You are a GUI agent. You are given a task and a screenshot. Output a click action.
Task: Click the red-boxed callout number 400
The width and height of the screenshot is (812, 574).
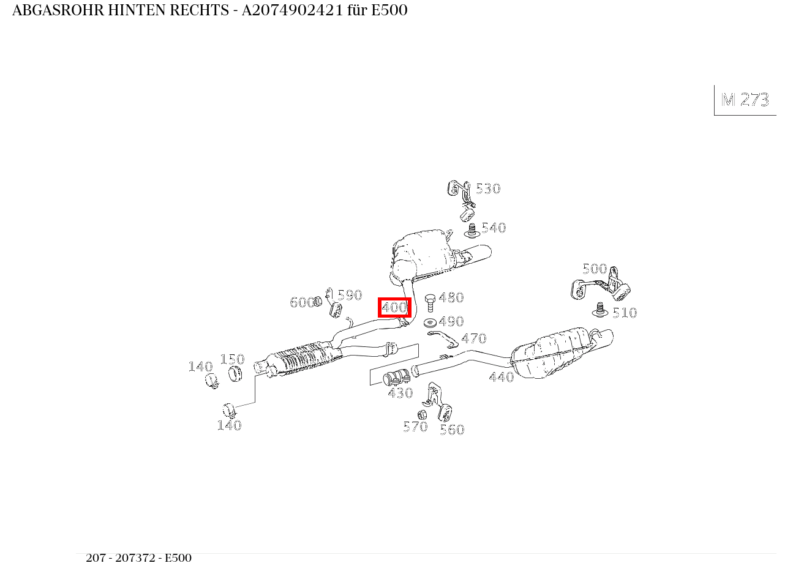click(x=395, y=307)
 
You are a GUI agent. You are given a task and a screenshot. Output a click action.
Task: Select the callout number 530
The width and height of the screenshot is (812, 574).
click(x=488, y=188)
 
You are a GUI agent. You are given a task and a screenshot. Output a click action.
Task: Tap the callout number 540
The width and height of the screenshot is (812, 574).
click(x=494, y=228)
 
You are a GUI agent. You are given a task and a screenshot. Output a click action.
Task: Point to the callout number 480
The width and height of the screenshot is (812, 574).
click(x=451, y=297)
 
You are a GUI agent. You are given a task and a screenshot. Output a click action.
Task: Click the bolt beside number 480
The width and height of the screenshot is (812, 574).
click(x=430, y=303)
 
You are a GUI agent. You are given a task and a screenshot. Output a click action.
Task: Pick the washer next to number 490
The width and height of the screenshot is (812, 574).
click(x=430, y=322)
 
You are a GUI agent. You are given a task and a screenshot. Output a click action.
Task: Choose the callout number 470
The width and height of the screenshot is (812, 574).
click(x=474, y=338)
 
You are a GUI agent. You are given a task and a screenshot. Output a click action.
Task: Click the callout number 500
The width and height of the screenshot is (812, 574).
click(x=595, y=269)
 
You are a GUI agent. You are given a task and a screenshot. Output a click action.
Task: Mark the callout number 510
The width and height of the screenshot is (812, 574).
click(x=625, y=313)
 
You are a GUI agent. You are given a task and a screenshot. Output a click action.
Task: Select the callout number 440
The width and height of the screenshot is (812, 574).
click(x=502, y=378)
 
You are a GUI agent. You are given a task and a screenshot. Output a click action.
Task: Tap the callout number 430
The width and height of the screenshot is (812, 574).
click(x=400, y=393)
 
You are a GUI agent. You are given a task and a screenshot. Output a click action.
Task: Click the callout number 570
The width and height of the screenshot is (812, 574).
click(x=415, y=427)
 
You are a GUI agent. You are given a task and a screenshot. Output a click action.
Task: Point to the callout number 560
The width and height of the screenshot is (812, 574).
click(x=452, y=430)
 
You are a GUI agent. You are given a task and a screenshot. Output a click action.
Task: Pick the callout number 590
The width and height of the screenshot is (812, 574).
click(x=350, y=295)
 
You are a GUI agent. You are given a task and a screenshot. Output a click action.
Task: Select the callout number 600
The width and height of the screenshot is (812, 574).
click(x=302, y=302)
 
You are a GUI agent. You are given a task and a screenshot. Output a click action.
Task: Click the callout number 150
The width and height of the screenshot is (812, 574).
click(x=232, y=359)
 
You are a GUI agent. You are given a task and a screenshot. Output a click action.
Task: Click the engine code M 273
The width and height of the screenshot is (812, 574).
click(x=745, y=100)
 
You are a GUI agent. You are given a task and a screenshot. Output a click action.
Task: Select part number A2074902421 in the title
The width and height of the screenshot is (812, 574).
click(x=292, y=10)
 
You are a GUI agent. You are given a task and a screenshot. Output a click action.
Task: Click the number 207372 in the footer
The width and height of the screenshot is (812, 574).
click(x=135, y=558)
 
